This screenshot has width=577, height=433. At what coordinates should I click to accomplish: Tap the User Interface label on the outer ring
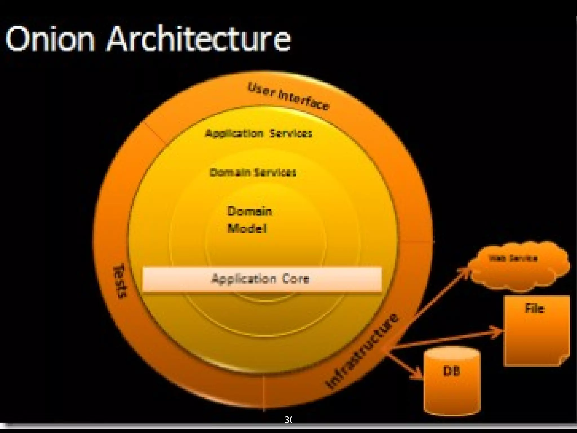point(288,96)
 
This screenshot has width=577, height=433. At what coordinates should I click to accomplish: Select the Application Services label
point(259,133)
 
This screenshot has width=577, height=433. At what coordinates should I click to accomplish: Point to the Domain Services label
point(253,172)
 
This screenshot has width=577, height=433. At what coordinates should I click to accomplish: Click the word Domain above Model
point(249,211)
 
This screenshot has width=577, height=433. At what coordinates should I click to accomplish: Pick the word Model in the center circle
point(247,228)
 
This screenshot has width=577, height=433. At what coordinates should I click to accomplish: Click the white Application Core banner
point(262,279)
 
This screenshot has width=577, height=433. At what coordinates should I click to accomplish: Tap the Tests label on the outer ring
point(120,281)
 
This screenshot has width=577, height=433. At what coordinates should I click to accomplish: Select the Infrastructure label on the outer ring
point(362,351)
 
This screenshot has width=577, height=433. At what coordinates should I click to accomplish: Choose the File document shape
point(536,331)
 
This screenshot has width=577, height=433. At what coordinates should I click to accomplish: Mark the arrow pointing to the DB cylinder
point(406,365)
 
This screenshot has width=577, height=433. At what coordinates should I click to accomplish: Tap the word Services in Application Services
point(291,133)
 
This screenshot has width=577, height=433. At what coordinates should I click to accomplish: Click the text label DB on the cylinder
point(452,371)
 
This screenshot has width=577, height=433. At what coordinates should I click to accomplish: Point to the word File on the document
point(534,308)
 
